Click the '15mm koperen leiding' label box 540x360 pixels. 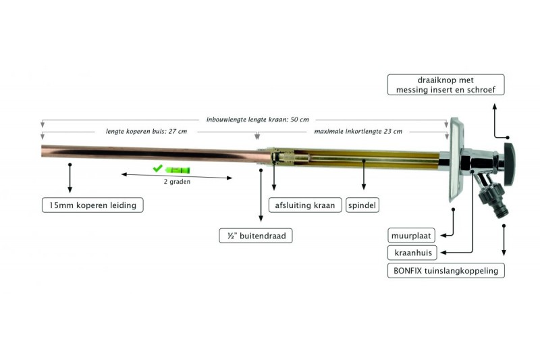point(92,205)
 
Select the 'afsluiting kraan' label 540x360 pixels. point(305,205)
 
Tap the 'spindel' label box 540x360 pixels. point(362,205)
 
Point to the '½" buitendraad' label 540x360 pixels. point(256,236)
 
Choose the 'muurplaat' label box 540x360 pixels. point(411,236)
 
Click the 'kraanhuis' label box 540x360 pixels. point(412,253)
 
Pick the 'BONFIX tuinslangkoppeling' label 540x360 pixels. point(446,270)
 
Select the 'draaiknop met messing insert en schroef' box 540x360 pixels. point(446,84)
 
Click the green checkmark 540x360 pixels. point(157,168)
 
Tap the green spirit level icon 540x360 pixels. point(178,170)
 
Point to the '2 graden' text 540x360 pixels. point(177,182)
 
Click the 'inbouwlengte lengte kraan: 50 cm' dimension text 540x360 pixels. point(258,120)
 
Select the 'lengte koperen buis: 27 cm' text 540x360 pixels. point(146,131)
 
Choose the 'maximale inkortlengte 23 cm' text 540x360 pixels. point(358,131)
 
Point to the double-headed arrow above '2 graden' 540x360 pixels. point(177,176)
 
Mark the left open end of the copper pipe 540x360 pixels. point(42,151)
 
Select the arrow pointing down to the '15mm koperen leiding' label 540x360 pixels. point(70,178)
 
